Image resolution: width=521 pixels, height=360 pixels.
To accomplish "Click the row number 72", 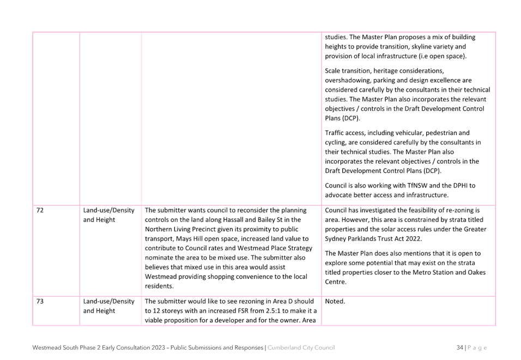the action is click(40, 211).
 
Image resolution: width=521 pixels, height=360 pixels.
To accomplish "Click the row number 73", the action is click(40, 302).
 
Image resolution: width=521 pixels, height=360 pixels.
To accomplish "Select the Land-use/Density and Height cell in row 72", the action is click(108, 215).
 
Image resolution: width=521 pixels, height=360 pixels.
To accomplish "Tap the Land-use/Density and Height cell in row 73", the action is click(108, 306).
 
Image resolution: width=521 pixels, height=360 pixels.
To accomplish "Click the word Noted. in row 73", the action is click(335, 302).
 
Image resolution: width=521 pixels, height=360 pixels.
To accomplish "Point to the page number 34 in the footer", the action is click(460, 347).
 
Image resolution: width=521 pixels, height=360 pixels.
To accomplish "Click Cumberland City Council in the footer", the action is click(301, 347).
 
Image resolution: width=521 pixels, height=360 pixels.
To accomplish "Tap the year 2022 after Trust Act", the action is click(414, 239).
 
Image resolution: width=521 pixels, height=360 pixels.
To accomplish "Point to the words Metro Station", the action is click(433, 273).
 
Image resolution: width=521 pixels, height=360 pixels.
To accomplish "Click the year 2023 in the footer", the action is click(158, 347).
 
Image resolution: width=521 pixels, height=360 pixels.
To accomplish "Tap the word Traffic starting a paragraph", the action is click(335, 133).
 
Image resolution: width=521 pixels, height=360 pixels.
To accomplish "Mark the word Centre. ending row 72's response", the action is click(336, 282).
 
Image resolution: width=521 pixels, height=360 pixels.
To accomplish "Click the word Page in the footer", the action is click(477, 348).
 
